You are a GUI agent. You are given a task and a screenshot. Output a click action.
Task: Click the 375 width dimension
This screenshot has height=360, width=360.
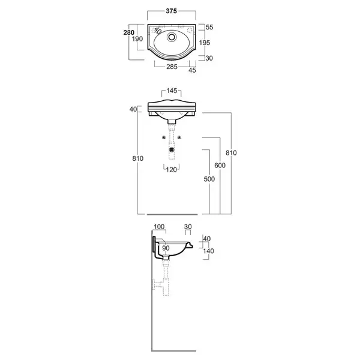pos(171,11)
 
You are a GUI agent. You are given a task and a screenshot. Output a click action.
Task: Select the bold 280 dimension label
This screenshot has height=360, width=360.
pos(129,32)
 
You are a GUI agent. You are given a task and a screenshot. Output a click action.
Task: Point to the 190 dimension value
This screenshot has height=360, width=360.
pos(137,39)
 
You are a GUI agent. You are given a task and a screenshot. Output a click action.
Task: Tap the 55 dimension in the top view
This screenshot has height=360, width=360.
pos(209,27)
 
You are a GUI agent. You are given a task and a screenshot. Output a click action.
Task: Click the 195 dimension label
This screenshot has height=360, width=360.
pos(205,43)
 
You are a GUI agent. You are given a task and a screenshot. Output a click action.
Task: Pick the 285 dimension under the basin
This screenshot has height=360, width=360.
pos(172,67)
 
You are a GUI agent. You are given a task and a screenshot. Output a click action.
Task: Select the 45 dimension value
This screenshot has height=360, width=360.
pos(192,70)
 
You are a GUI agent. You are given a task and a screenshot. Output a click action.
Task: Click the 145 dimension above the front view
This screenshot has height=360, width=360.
pos(172,91)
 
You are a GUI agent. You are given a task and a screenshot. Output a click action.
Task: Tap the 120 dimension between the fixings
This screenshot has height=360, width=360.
pos(171,170)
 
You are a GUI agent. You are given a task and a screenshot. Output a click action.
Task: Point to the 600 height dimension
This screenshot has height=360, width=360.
pos(220,166)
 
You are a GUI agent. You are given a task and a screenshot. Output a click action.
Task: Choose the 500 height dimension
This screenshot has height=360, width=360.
pos(209,179)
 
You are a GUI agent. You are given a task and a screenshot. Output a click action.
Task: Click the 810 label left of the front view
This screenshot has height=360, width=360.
pos(138,158)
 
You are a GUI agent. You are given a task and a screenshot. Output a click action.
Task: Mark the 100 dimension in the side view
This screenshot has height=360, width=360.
pos(159,227)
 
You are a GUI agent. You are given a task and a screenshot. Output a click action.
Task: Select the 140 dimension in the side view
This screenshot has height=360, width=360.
pos(208,251)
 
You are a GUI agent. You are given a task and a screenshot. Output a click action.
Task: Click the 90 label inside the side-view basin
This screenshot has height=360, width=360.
pos(166,248)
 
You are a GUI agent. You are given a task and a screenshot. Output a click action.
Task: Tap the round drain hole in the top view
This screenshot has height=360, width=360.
pos(172,37)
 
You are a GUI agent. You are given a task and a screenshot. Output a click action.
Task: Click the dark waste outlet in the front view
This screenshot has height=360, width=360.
pos(172,149)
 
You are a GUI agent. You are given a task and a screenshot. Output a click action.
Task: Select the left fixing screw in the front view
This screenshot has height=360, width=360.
pos(164,137)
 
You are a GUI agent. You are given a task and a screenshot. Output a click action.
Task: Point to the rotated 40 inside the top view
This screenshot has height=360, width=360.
pos(157,30)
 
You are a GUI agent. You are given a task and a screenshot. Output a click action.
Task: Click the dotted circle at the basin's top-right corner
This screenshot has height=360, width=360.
pos(190,30)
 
